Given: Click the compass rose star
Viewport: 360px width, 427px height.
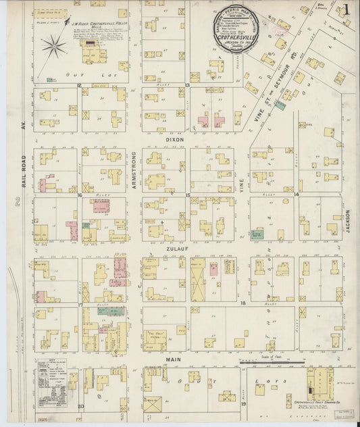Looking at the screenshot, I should tap(53, 47).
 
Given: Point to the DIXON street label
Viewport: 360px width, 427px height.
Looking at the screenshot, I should tap(174, 140).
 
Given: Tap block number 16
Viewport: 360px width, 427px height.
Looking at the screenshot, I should tap(79, 195).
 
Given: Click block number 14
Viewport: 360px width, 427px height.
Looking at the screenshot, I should tap(297, 195).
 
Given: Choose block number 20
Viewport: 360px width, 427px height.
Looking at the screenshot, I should tap(80, 406).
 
